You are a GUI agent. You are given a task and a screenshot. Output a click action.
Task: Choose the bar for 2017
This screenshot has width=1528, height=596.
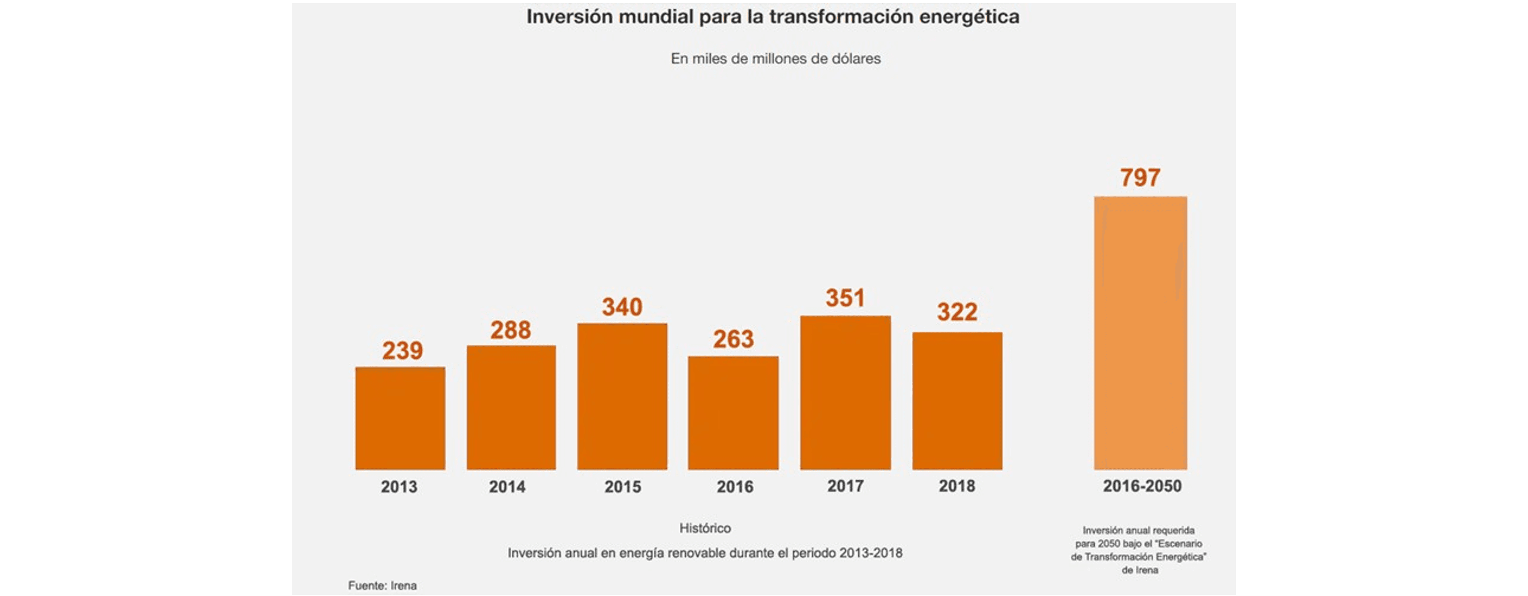coord(845,393)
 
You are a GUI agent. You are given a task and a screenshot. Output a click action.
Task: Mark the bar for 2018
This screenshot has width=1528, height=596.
coord(957,401)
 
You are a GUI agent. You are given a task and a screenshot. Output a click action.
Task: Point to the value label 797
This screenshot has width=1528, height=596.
coord(1140,178)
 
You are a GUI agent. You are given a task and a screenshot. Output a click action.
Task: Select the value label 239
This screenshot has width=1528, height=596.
coord(402,351)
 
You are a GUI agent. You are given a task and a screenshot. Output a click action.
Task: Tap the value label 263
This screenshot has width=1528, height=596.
coord(733,339)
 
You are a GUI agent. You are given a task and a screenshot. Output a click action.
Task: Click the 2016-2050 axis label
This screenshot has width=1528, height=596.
coord(1142,486)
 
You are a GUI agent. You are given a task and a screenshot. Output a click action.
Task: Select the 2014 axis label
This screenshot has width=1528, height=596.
coord(507,487)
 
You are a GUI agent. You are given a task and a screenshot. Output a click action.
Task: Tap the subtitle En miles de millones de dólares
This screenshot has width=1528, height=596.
coord(775,59)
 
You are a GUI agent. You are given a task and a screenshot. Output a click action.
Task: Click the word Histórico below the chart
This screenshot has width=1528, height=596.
coord(705,528)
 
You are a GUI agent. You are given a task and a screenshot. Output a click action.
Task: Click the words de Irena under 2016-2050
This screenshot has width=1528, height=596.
coord(1140,570)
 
